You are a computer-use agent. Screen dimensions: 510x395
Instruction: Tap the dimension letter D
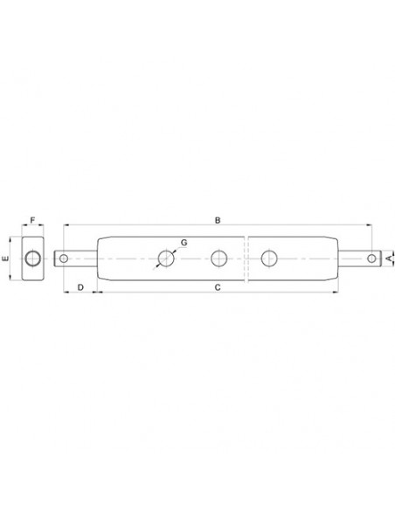click(80, 286)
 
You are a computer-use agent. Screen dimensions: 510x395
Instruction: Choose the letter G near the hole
click(184, 242)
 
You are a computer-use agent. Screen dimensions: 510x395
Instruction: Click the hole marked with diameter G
click(165, 258)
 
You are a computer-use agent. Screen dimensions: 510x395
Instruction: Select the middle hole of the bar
click(218, 258)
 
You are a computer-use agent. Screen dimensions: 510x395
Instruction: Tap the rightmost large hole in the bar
click(269, 258)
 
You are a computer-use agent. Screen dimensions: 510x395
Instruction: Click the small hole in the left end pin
click(63, 258)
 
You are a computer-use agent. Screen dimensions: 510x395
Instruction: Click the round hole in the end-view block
click(32, 258)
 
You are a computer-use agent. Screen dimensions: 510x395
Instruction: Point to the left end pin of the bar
click(78, 258)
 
